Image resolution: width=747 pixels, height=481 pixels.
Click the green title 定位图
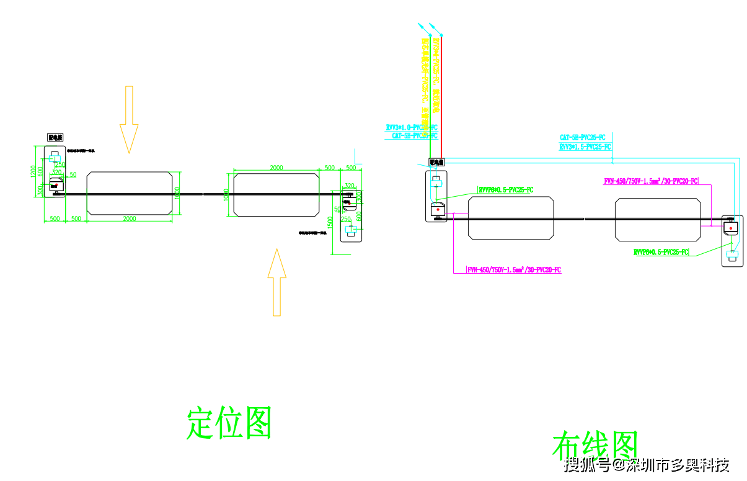tap(229, 423)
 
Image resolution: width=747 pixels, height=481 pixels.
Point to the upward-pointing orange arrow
tap(276, 282)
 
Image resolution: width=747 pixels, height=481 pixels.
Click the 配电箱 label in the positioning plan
tap(56, 138)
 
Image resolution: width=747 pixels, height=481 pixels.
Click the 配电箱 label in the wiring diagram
tap(437, 163)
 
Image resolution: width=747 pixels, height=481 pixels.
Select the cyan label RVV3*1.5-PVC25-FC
tap(585, 147)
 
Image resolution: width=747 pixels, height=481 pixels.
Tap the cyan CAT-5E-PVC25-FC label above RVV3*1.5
tap(582, 137)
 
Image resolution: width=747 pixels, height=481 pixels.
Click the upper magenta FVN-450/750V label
tap(650, 181)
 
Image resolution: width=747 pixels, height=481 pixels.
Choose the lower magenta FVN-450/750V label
tap(514, 270)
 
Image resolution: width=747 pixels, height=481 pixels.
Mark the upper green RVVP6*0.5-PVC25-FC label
tap(505, 190)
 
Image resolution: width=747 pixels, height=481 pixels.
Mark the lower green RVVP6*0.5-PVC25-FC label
tap(661, 252)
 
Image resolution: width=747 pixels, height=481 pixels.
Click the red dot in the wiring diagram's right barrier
tap(732, 229)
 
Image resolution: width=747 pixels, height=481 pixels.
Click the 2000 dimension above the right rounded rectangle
tap(276, 168)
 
